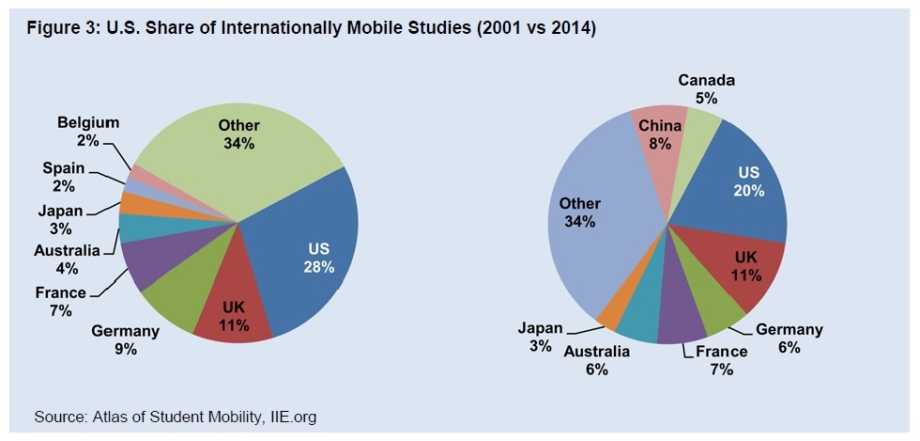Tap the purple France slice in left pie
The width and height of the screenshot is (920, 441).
pos(143,263)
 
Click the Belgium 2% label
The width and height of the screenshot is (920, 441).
pos(88,131)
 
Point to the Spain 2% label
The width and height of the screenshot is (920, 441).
pos(63,176)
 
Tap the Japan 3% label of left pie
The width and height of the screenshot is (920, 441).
pos(60,219)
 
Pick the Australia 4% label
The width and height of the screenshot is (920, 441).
pos(66,259)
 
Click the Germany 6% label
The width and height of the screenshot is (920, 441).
pos(789,338)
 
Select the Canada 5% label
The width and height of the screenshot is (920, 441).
pos(706,88)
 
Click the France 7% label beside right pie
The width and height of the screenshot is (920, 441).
pos(721,360)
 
